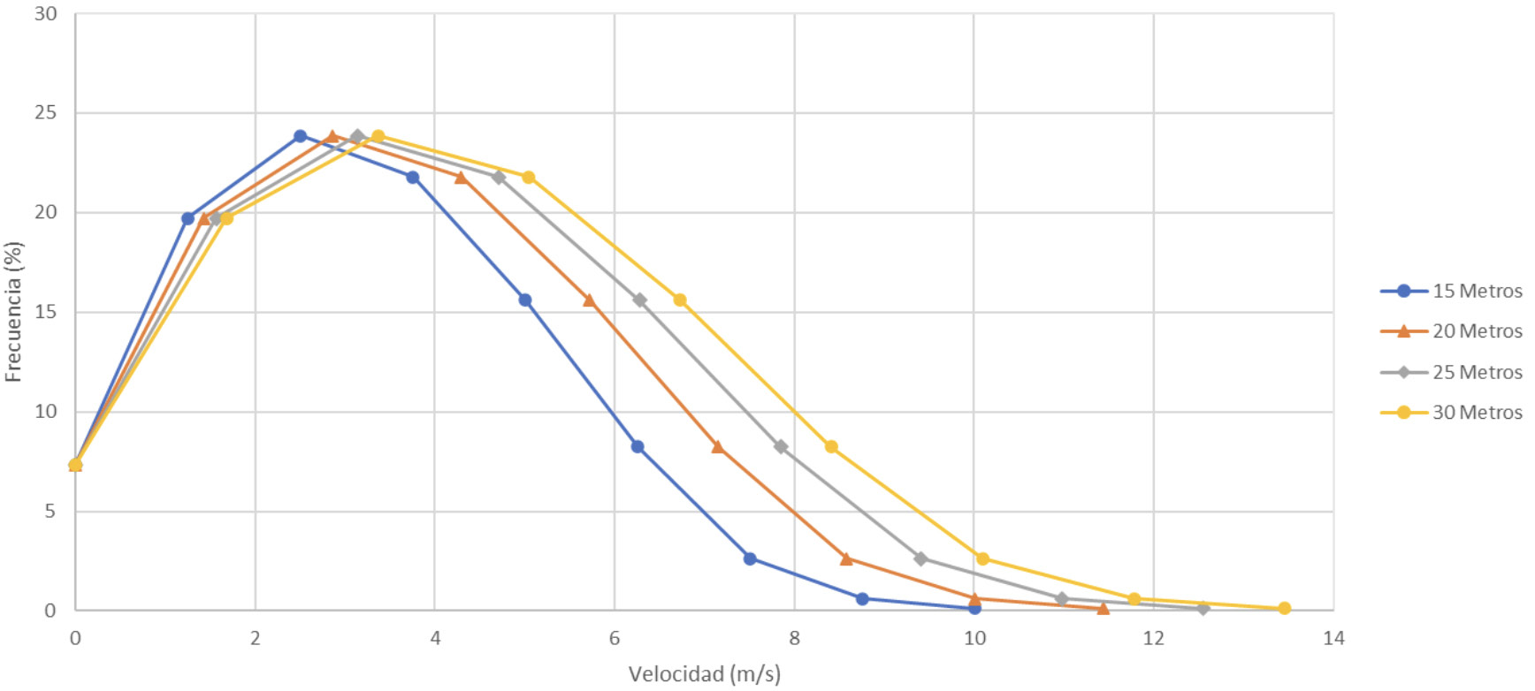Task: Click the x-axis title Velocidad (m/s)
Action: pos(704,674)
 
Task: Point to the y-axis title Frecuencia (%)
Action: pos(12,311)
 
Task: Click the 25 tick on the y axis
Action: pos(45,112)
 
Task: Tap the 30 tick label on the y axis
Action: pos(45,13)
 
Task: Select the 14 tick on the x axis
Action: pos(1333,638)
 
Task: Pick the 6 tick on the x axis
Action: pos(615,638)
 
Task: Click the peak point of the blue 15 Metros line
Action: pos(301,136)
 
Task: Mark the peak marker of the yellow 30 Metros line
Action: pos(378,136)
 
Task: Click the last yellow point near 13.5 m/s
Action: pos(1284,608)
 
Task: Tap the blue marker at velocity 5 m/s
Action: pos(525,300)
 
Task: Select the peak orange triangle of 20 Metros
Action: pos(332,136)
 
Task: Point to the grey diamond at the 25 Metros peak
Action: pos(357,136)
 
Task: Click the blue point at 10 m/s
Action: pos(974,608)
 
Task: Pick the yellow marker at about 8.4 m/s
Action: pos(831,446)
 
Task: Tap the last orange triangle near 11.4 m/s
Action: pos(1103,608)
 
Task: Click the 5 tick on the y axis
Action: pos(50,511)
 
